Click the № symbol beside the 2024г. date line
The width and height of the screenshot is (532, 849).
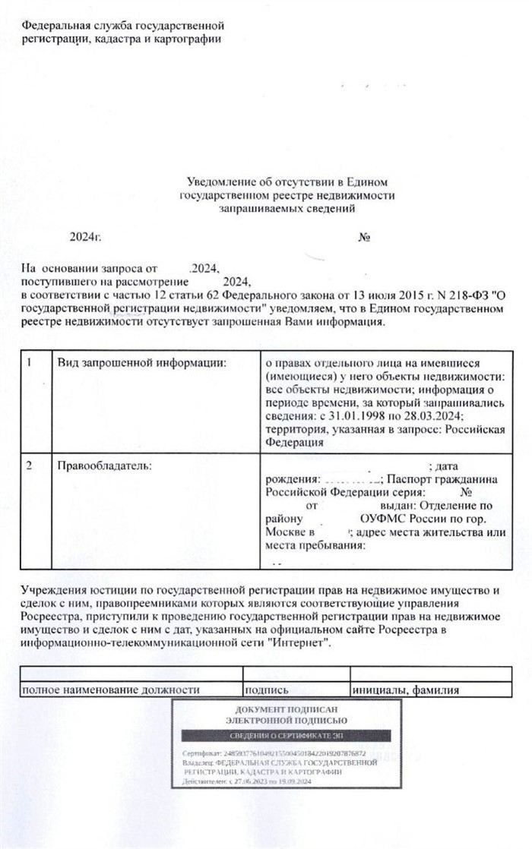click(x=364, y=238)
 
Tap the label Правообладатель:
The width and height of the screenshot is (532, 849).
click(x=105, y=465)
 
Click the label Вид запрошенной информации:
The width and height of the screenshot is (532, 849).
click(x=143, y=362)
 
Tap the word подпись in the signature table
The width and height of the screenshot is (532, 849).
click(x=266, y=690)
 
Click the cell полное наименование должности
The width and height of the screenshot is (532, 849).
click(x=110, y=690)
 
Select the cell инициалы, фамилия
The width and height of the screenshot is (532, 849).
click(x=407, y=690)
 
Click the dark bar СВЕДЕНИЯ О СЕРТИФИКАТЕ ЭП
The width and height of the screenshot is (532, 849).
click(x=288, y=736)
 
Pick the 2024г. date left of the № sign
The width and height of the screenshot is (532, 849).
click(x=85, y=238)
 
